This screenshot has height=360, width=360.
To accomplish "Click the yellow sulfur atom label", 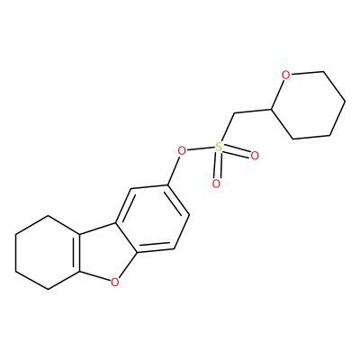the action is pos(219,147).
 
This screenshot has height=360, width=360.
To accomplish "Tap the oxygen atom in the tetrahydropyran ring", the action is pos(286,75).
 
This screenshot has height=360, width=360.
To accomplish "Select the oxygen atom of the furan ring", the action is pos(114,282).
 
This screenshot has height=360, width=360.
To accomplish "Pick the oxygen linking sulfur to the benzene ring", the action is pos(182,150).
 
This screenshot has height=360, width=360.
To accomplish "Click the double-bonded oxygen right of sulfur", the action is pos(255,156).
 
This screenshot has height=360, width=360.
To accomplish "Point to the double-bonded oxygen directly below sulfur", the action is pos(216,184).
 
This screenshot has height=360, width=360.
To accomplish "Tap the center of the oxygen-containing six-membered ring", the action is pos(309,105).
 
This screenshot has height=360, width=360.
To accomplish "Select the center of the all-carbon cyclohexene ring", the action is pos(48,253).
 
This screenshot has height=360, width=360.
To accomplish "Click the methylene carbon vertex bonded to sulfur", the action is pos(234,113).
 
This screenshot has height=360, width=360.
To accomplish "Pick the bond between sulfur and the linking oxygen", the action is pos(201,148).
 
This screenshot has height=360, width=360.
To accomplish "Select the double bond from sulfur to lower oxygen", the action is pos(218,166).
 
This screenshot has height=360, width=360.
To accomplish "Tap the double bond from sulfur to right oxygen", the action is pos(237,151).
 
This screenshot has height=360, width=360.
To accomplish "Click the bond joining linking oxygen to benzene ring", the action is pos(174,170).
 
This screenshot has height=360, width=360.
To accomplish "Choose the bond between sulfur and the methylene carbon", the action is pos(227,128).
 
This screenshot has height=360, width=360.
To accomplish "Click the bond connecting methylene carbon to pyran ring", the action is pos(253,112).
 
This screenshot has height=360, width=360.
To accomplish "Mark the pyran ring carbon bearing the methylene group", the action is pos(272,109).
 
